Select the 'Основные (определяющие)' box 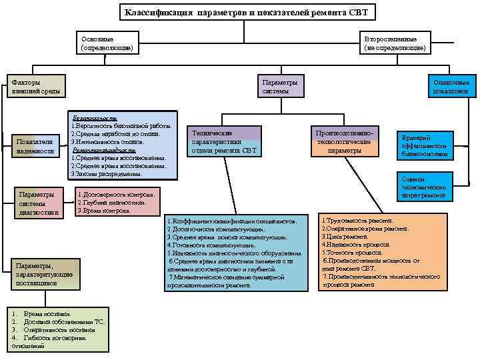107,43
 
